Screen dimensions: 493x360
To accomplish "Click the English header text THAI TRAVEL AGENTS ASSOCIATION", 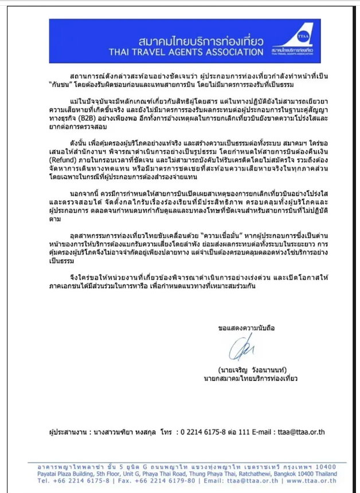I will click(x=186, y=52).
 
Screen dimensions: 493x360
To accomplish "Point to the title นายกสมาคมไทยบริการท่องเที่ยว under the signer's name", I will click(x=250, y=379).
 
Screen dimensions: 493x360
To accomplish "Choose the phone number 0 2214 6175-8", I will click(x=206, y=431).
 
